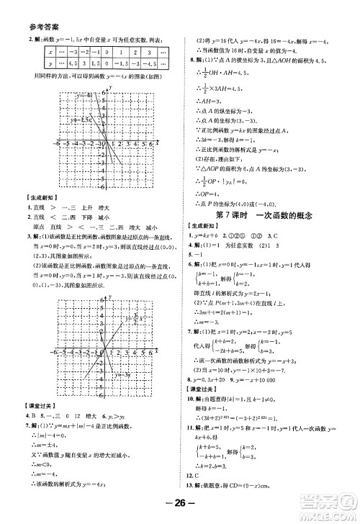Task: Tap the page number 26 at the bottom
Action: click(x=180, y=505)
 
